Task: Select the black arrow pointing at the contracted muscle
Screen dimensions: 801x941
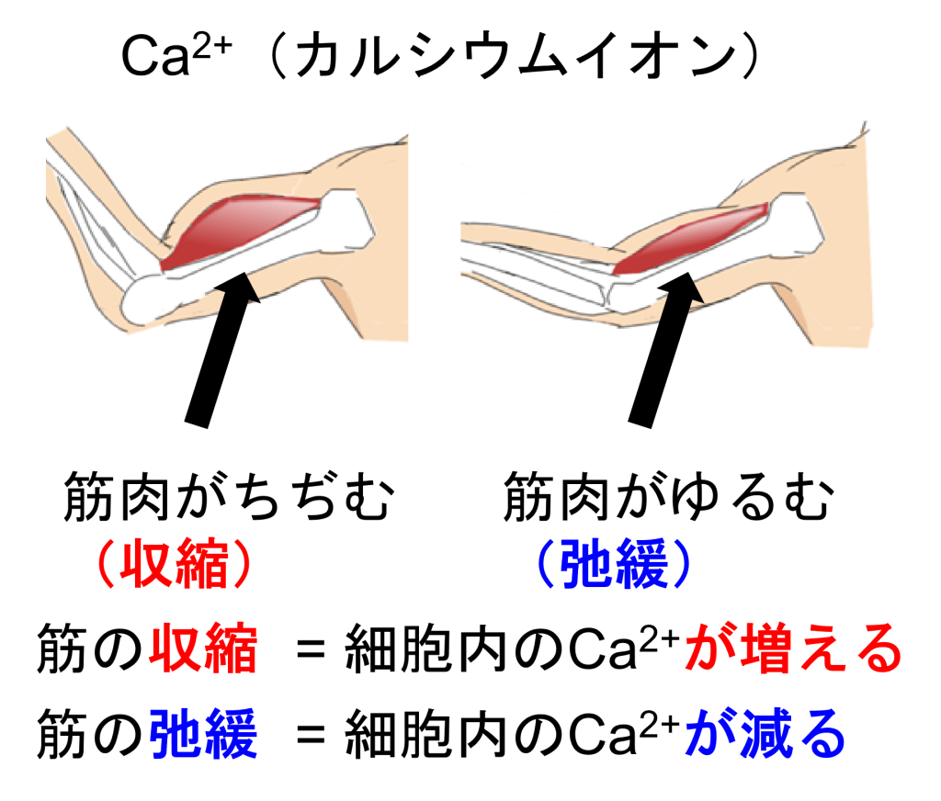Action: point(221,349)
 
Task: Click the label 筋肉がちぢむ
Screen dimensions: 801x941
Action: point(229,500)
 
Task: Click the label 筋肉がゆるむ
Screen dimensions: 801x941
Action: point(670,500)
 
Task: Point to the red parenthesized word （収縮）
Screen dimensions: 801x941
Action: point(174,563)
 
